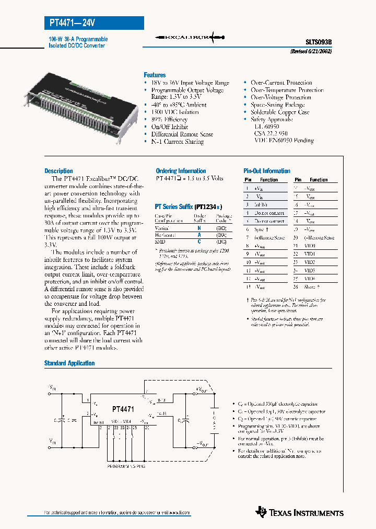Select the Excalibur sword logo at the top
[191, 38]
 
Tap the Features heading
[155, 75]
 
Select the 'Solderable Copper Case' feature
[280, 112]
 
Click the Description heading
[58, 171]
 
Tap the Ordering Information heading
[181, 171]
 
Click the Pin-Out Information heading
[267, 171]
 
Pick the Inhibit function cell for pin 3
[261, 205]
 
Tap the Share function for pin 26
[312, 287]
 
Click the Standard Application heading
[69, 363]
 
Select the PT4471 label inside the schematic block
[123, 410]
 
